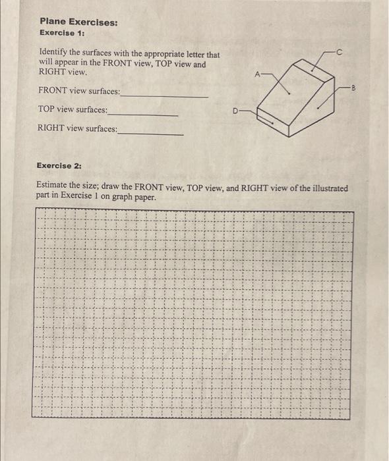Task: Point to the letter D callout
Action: (235, 111)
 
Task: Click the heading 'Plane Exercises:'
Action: (79, 22)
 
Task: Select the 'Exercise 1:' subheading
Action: (62, 32)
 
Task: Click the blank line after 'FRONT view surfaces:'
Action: (165, 95)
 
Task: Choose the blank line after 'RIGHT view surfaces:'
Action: (151, 133)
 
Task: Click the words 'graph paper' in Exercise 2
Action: (135, 197)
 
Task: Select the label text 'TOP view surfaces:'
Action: (72, 109)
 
